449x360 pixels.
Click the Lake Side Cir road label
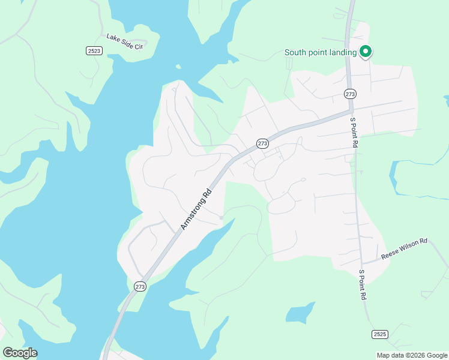[125, 41]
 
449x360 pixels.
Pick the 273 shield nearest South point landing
[351, 94]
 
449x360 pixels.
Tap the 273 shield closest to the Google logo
[140, 287]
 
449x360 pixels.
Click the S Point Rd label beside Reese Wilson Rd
[362, 284]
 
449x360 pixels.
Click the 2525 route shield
[379, 334]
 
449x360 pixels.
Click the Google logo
[20, 353]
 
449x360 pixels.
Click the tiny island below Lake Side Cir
[178, 67]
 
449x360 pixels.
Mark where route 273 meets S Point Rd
[351, 110]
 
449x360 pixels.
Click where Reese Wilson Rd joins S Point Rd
[363, 262]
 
